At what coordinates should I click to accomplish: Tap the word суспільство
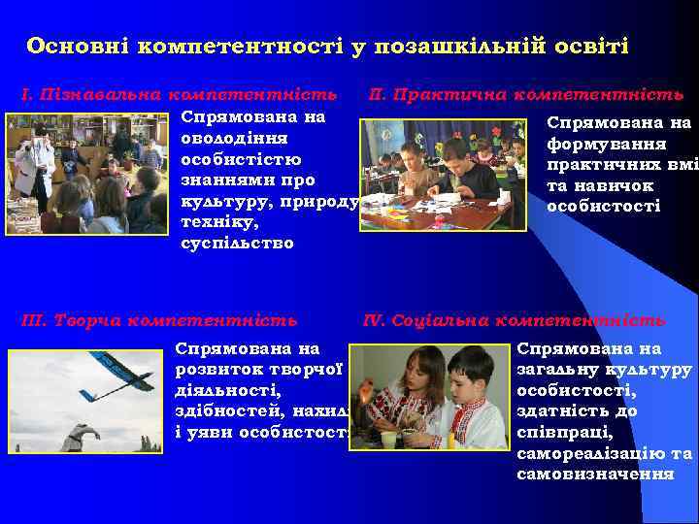tap(237, 243)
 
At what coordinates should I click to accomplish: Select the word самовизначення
tap(595, 474)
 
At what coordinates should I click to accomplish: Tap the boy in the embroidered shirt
tap(476, 403)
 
